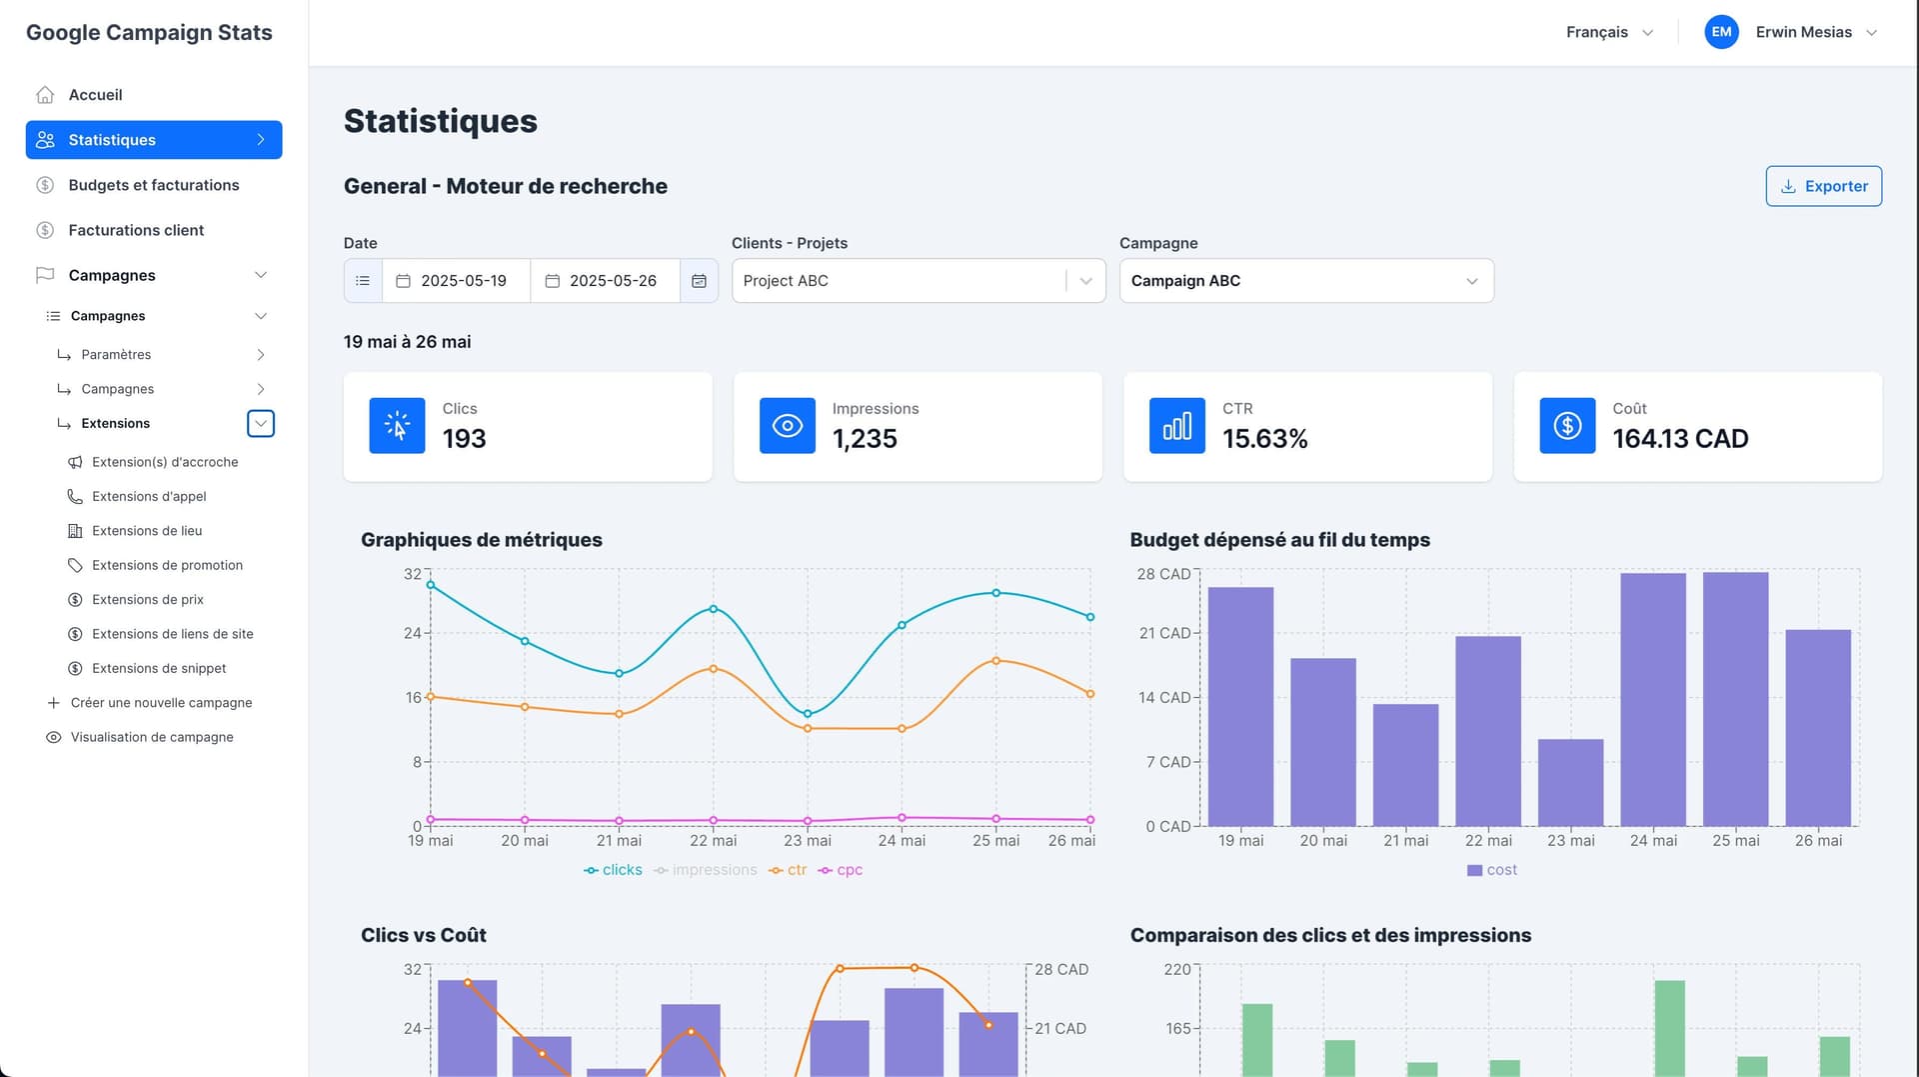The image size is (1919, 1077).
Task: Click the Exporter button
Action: coord(1823,186)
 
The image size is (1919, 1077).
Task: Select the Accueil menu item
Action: coord(95,95)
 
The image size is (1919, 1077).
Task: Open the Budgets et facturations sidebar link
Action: coord(153,185)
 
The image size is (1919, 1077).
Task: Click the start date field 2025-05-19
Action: coord(463,281)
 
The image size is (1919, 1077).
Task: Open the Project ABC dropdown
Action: coord(917,281)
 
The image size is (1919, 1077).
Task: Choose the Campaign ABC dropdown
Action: coord(1305,281)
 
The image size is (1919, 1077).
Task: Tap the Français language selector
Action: coord(1608,32)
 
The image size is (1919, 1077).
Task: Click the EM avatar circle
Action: coord(1720,32)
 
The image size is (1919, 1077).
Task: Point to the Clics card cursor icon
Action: coord(397,426)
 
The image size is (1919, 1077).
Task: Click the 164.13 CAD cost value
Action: coord(1679,439)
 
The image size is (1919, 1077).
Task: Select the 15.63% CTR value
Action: coord(1264,439)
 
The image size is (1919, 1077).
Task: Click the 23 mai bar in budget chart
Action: coord(1569,782)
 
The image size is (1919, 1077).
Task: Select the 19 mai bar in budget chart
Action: coord(1239,706)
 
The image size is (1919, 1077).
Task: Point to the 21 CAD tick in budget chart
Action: coord(1165,633)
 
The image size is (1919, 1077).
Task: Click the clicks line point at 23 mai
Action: coord(808,714)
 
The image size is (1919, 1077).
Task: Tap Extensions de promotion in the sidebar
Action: coord(167,565)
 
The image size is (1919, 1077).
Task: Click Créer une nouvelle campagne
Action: coord(161,703)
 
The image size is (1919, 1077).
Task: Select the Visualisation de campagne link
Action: coord(152,737)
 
